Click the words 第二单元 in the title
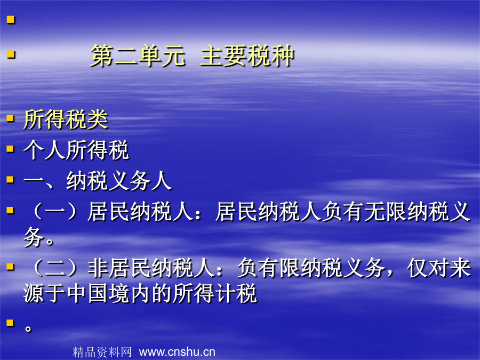(x=138, y=55)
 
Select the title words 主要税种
(x=247, y=55)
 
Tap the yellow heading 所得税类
(x=66, y=119)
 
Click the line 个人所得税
(x=76, y=150)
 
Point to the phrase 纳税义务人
(x=119, y=181)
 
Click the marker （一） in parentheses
(x=55, y=211)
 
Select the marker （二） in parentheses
(x=55, y=268)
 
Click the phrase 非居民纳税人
(x=151, y=268)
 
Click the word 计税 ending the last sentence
(x=235, y=293)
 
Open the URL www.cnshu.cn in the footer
(x=177, y=352)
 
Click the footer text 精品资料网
(x=102, y=352)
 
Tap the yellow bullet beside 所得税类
(x=11, y=118)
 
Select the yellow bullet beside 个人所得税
(x=11, y=149)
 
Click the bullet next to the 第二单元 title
(x=11, y=54)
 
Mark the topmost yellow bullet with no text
(x=11, y=20)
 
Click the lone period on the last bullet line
(x=28, y=329)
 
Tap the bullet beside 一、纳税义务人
(x=11, y=179)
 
